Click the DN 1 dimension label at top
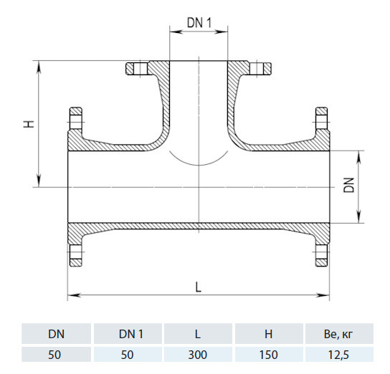coord(199,23)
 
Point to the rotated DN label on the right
coord(348,185)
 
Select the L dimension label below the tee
coord(198,287)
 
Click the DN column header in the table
coord(56,334)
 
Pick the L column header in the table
coord(197,334)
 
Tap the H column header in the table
coord(268,334)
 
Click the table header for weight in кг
coord(338,335)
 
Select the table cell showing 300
coord(197,355)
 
